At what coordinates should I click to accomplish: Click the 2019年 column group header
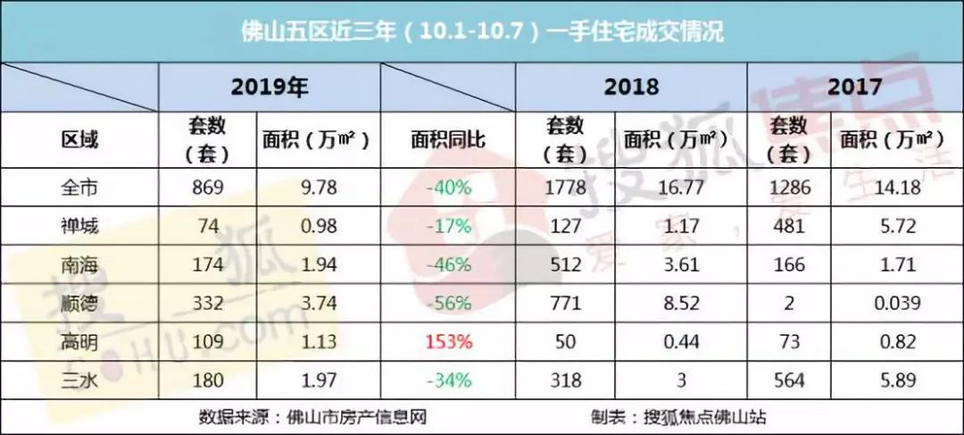pos(270,88)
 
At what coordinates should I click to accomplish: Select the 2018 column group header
pos(631,88)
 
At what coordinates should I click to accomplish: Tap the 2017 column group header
pos(854,88)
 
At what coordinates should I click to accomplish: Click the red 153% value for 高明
pos(448,341)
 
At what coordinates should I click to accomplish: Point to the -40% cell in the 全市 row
pos(447,187)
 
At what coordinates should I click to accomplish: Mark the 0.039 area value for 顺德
pos(897,303)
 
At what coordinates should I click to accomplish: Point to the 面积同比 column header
pos(448,141)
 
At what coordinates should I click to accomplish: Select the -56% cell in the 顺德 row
pos(447,303)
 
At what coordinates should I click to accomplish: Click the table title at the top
pos(482,31)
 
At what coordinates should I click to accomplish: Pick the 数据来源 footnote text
pos(312,417)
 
